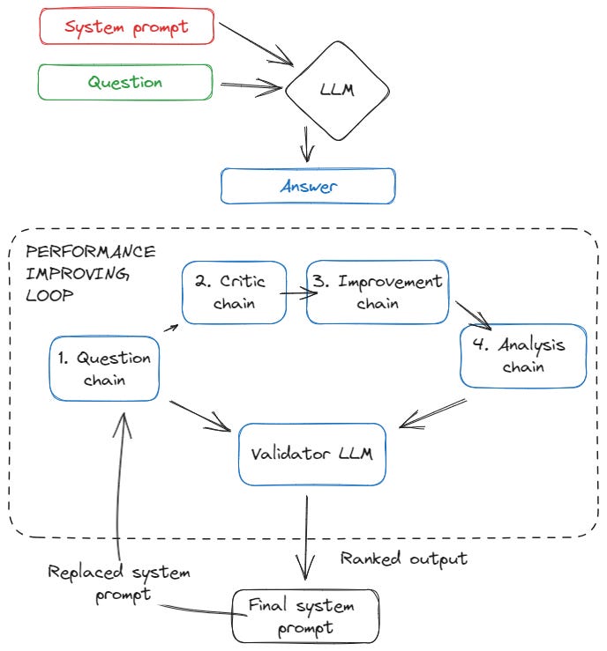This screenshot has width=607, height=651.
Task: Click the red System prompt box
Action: tap(127, 27)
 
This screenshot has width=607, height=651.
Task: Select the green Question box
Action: tap(125, 82)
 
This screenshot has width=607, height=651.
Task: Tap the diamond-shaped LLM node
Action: tap(335, 89)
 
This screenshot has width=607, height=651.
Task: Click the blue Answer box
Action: tap(308, 187)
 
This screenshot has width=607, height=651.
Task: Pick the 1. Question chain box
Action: tap(105, 369)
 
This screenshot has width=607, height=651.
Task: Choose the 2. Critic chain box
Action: tap(235, 292)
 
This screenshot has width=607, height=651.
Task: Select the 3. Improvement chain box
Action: tap(378, 292)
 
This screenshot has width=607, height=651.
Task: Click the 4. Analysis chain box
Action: tap(523, 356)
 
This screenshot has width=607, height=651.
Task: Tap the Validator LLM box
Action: tap(311, 454)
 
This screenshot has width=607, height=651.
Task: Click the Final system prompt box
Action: tap(305, 617)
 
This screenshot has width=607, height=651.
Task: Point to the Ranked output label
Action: tap(403, 559)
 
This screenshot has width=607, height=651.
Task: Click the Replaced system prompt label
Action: tap(118, 583)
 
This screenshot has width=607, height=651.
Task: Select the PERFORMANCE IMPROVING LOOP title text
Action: tap(91, 273)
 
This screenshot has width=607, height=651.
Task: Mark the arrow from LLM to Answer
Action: tap(307, 142)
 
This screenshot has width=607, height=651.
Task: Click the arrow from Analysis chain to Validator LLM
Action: tap(432, 415)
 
